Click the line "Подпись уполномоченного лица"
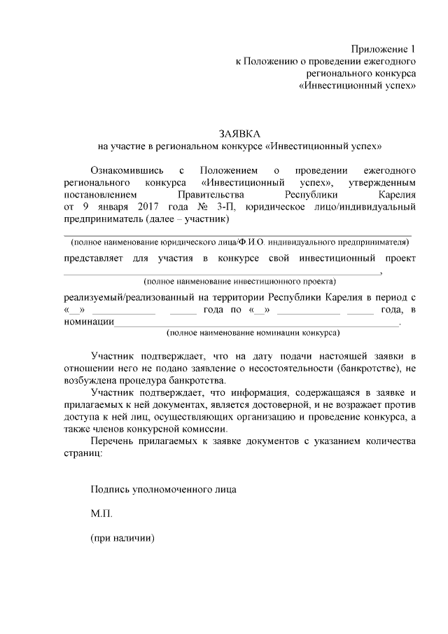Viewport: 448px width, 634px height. [x=164, y=489]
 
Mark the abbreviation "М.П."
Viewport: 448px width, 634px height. [x=101, y=514]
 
